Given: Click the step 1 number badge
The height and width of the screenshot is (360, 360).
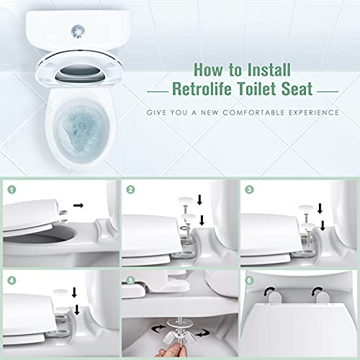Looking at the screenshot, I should [12, 190].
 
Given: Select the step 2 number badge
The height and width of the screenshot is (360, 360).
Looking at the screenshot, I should [130, 190].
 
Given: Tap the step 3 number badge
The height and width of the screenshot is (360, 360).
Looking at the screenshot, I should [249, 190].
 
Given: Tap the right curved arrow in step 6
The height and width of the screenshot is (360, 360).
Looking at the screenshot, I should [315, 291].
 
